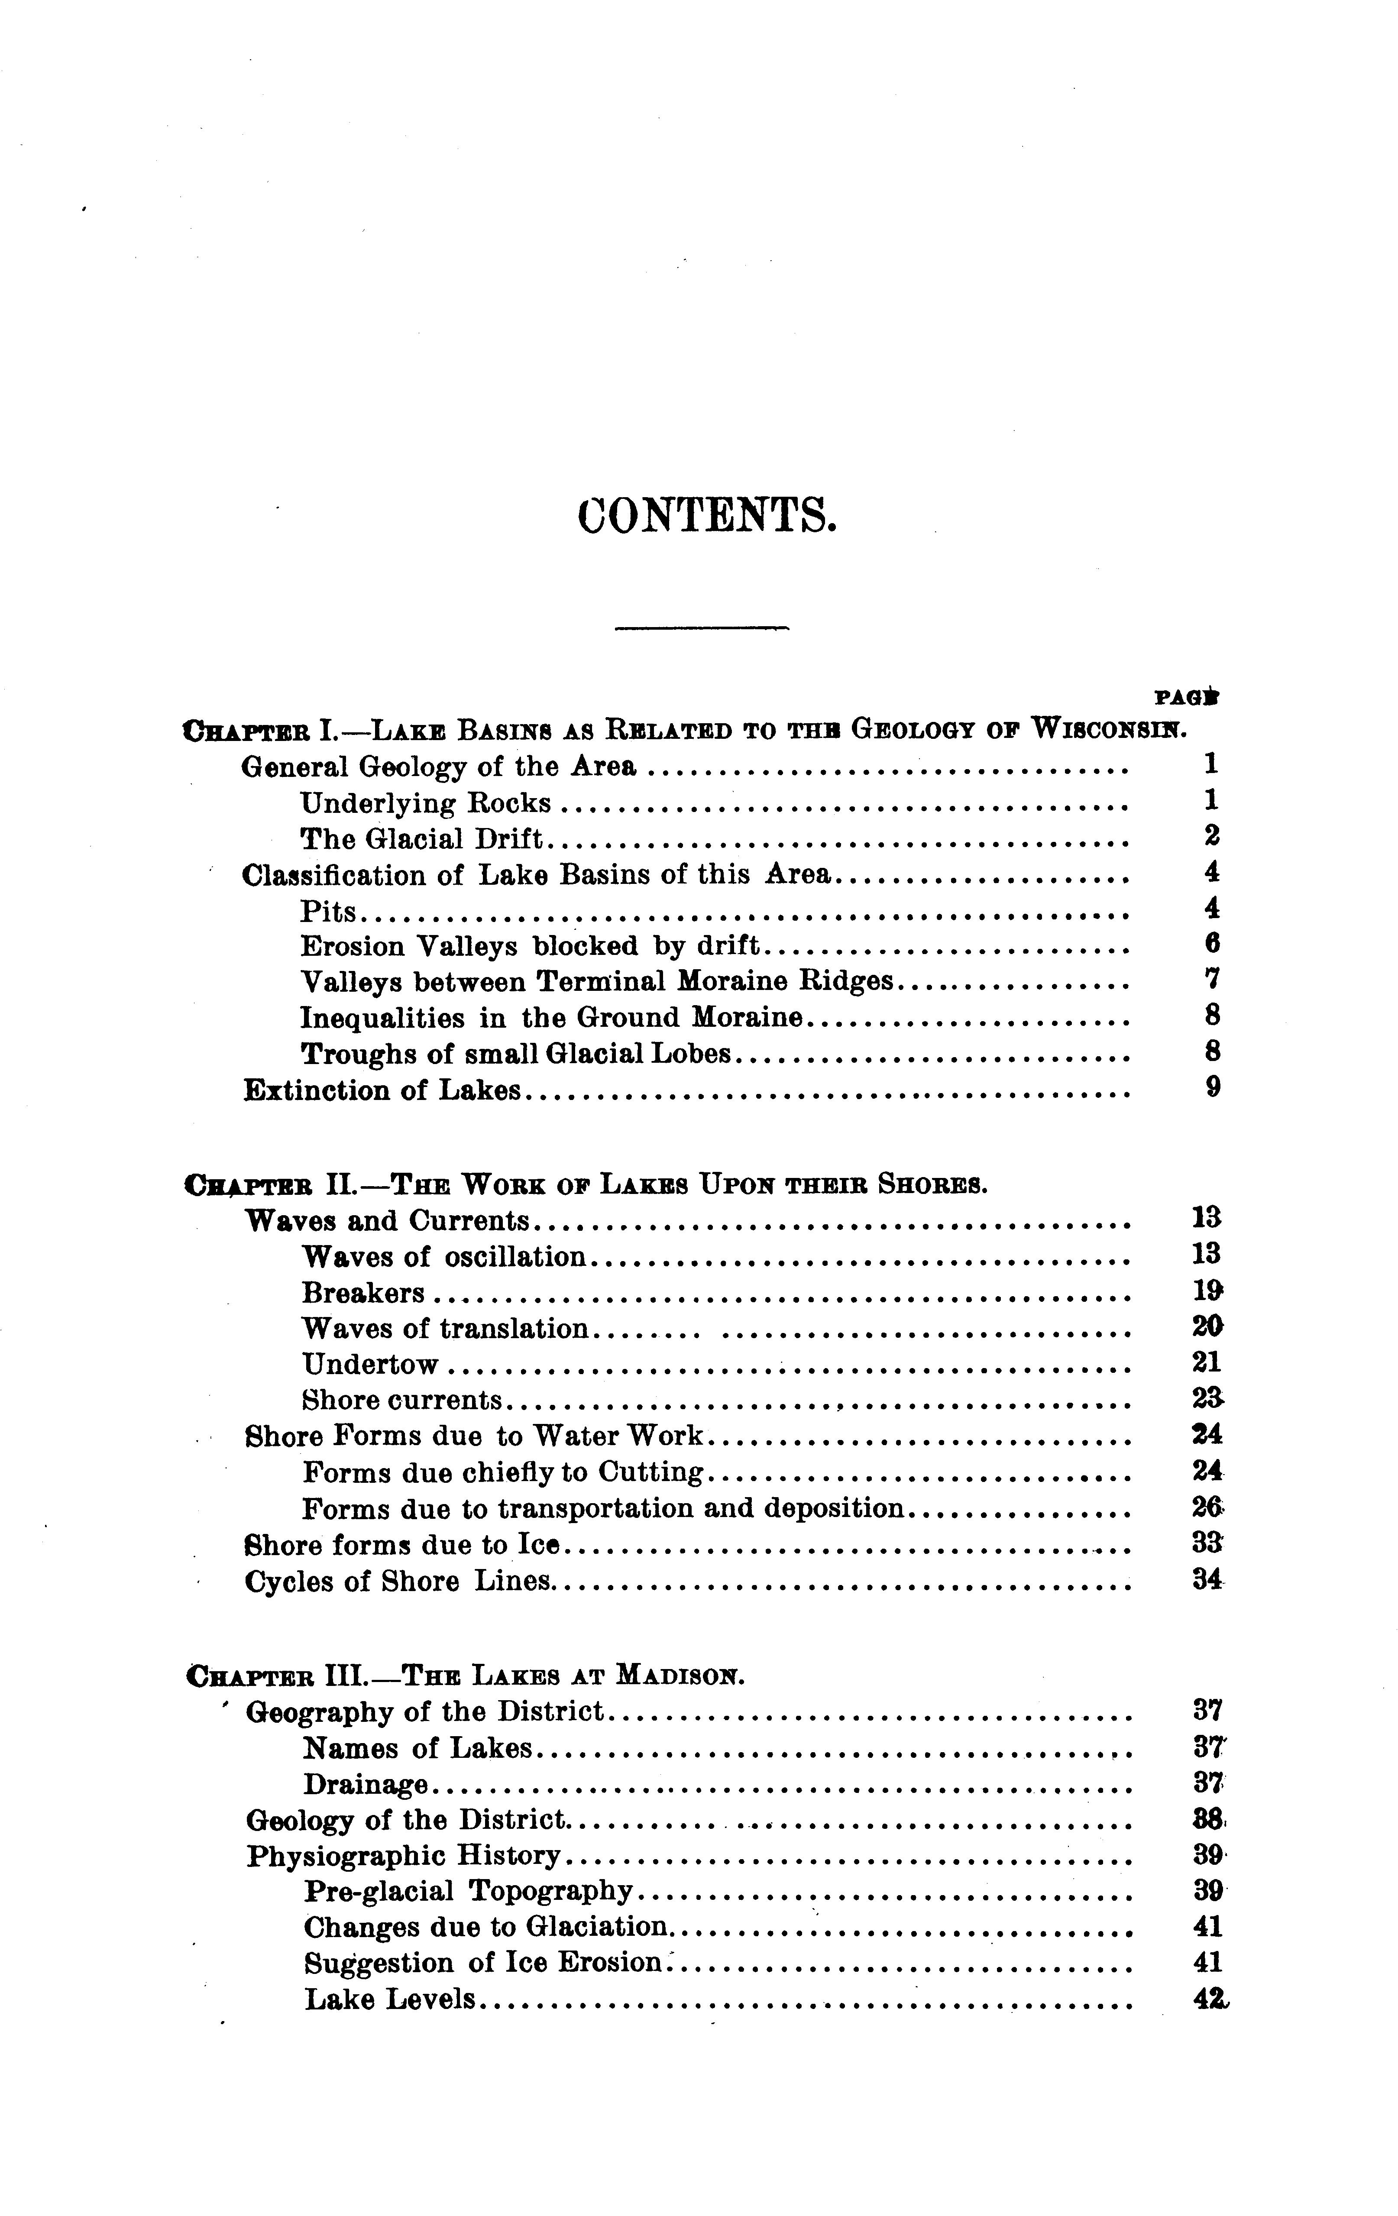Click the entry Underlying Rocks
425,803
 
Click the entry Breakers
362,1293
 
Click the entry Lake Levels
389,1999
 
